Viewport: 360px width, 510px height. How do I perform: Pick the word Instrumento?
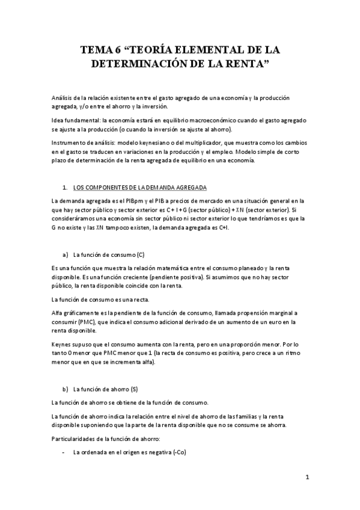68,146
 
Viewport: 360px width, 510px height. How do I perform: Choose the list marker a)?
65,238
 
